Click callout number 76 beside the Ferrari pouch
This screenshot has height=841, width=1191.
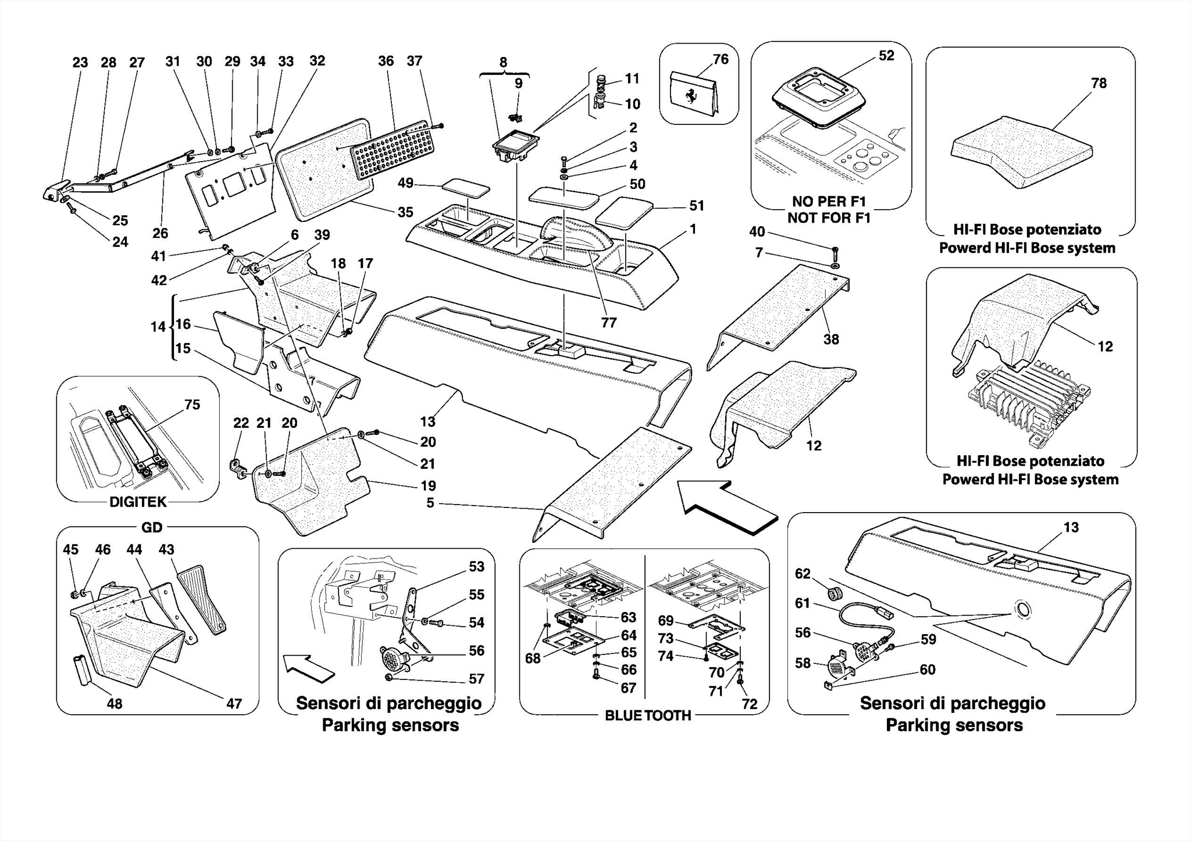(x=720, y=59)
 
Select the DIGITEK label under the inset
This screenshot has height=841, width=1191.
(x=138, y=502)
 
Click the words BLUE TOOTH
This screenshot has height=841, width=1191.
(x=648, y=715)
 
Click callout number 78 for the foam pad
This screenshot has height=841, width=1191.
(x=1099, y=83)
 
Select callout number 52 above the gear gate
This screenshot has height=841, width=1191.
(x=886, y=55)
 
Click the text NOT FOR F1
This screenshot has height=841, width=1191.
(x=829, y=218)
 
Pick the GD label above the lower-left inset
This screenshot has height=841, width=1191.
(x=152, y=527)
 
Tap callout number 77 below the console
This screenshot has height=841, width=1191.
(x=608, y=323)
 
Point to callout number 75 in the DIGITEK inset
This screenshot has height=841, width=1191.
(x=192, y=405)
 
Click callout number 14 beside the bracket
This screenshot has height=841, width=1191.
(x=158, y=327)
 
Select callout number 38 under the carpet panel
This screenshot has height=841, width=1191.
(x=831, y=339)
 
